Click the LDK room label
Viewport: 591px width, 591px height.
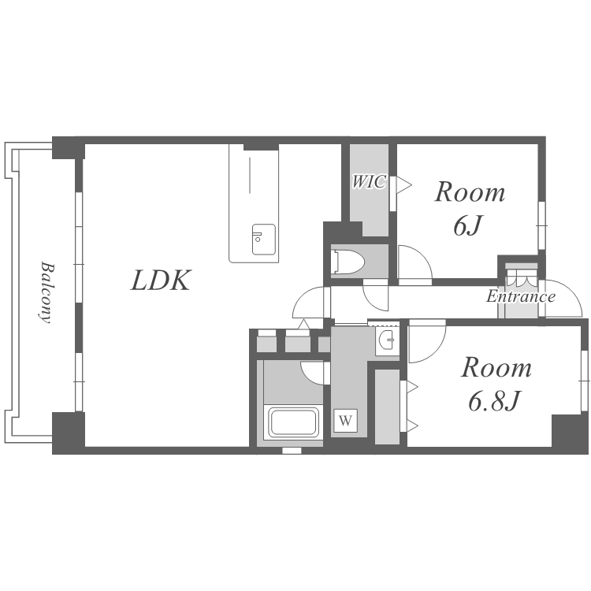click(x=161, y=281)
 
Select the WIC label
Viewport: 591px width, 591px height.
click(x=369, y=182)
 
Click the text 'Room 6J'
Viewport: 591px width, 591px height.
click(x=470, y=209)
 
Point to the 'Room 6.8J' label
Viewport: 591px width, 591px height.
click(x=496, y=384)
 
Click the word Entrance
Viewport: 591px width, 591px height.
click(x=521, y=296)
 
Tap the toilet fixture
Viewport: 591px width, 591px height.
click(x=348, y=261)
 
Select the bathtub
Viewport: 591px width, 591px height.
click(x=294, y=422)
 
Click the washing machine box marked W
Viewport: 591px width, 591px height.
click(x=345, y=420)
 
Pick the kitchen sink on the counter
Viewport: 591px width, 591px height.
click(x=264, y=240)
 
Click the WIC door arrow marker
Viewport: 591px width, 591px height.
click(x=403, y=184)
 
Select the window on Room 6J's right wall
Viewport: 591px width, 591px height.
click(x=541, y=225)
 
